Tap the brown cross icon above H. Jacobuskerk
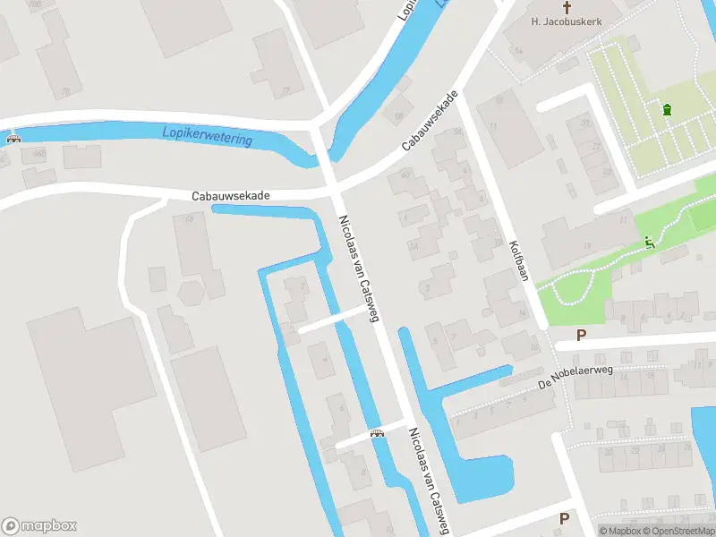click(x=566, y=6)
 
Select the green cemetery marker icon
click(x=666, y=110)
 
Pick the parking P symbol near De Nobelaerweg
click(x=581, y=336)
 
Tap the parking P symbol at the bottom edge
click(x=564, y=518)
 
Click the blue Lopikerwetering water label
click(x=208, y=135)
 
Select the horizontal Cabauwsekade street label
click(x=230, y=195)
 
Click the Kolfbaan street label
click(x=520, y=260)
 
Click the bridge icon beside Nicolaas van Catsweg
click(x=377, y=434)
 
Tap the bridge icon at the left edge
click(x=13, y=139)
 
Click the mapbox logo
click(x=39, y=526)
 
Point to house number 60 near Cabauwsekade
click(x=405, y=175)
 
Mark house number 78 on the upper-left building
click(x=65, y=91)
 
